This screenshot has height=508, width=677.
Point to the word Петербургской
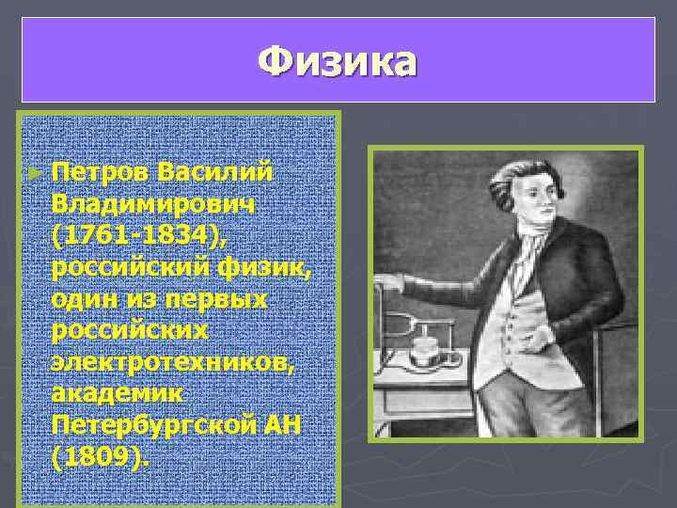tap(152, 425)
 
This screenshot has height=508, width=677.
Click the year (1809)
tap(101, 457)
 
